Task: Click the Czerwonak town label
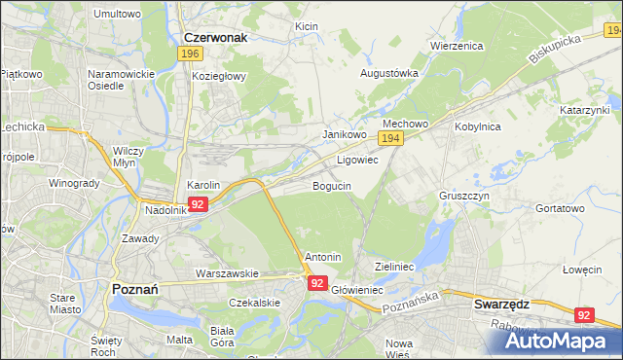[215, 37]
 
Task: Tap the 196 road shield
[191, 54]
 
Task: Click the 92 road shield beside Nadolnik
[198, 204]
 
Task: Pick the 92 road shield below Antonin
[317, 282]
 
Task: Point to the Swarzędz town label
[501, 304]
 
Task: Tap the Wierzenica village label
[457, 45]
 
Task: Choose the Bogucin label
[332, 185]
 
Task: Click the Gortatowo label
[560, 208]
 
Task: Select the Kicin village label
[307, 25]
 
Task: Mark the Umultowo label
[117, 15]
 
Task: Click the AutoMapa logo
[559, 340]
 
